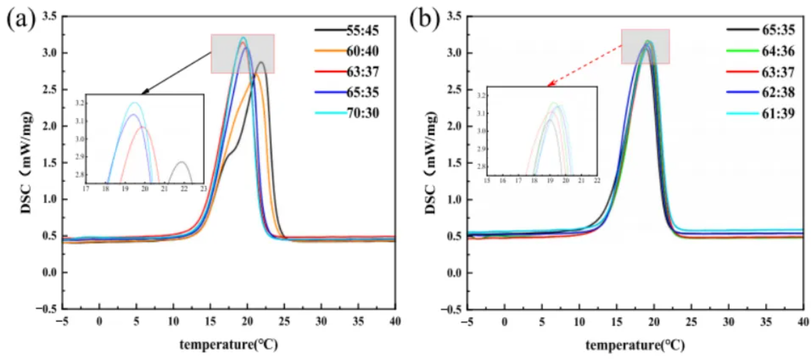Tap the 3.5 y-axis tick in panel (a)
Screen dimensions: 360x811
tap(50, 17)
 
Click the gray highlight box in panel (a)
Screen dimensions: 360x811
tap(243, 54)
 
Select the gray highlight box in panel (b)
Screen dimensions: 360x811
tap(645, 46)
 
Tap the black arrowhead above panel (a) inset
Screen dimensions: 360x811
tap(145, 92)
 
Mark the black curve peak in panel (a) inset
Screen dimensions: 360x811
tap(181, 162)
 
